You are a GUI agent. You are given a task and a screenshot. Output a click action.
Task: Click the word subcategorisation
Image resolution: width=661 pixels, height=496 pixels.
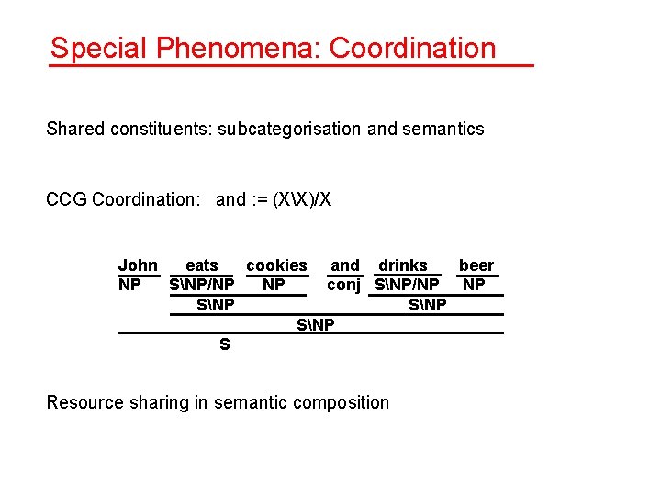(288, 129)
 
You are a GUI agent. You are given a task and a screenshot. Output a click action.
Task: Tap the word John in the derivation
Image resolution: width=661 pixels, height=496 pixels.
(138, 265)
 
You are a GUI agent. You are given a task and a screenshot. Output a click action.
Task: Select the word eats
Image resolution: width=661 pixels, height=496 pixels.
(202, 265)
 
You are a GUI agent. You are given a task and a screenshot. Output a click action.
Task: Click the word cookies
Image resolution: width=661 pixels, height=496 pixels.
(276, 265)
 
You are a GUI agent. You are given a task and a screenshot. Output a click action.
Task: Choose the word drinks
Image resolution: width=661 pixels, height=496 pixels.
(403, 265)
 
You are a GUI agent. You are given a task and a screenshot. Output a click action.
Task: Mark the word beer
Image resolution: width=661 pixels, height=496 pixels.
(476, 265)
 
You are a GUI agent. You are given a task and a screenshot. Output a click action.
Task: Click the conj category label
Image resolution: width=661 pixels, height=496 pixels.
(344, 285)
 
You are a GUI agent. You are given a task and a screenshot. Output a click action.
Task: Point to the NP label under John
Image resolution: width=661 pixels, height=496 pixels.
(129, 285)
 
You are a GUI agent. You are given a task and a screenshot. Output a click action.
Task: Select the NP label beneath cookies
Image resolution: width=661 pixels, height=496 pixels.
(274, 285)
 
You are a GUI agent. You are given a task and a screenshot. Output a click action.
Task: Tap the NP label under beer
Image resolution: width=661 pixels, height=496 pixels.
(474, 285)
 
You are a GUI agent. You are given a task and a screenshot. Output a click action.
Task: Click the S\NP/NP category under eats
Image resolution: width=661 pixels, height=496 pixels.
(202, 285)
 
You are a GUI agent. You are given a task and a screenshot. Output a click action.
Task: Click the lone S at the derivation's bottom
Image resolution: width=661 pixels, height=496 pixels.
(224, 345)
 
